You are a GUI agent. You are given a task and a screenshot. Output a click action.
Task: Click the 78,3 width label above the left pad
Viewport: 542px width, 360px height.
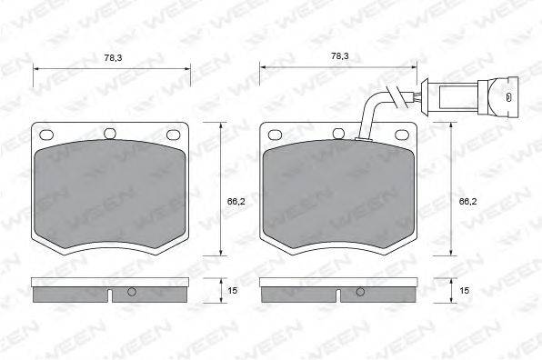113,57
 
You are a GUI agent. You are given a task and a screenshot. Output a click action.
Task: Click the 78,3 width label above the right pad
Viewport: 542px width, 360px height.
339,55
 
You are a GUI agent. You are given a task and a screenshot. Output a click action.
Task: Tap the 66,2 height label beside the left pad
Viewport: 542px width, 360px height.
236,201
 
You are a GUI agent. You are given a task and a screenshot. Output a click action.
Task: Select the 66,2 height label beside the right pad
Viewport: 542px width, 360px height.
467,201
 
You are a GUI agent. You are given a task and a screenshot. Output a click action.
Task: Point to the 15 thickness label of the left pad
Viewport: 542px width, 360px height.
232,291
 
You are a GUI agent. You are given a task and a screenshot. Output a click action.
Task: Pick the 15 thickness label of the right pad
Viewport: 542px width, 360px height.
464,291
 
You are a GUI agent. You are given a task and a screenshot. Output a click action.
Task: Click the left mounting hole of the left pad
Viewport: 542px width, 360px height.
46,135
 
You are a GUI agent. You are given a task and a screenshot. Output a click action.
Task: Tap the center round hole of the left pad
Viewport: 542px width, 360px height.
110,134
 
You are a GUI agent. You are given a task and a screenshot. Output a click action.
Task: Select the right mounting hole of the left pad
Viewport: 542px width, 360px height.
174,135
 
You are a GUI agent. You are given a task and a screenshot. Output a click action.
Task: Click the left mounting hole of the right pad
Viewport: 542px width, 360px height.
275,135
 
